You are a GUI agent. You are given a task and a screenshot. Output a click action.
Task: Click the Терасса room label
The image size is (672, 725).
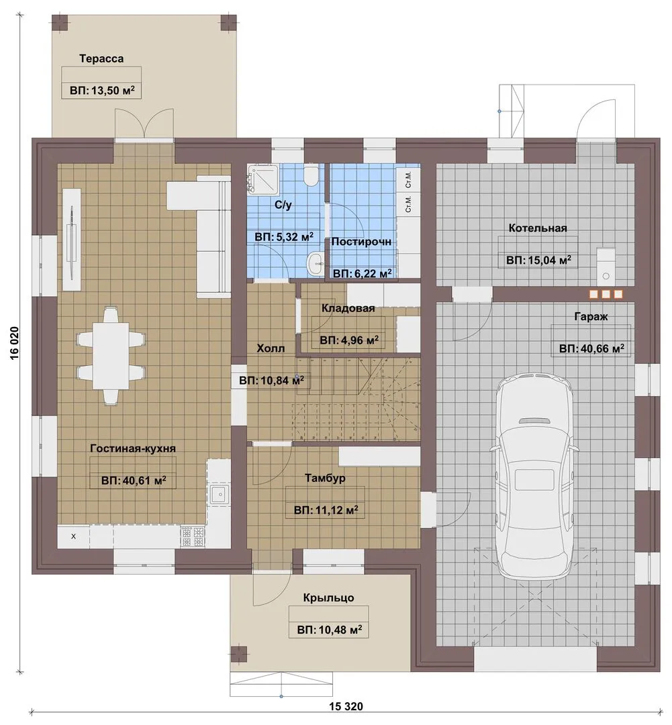(101, 58)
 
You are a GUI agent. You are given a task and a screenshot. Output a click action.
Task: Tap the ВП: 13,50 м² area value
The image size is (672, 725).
(102, 90)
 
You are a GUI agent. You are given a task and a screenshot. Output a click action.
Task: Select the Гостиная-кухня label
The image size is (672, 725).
(133, 448)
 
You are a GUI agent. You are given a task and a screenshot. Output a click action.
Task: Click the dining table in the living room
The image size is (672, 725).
(111, 356)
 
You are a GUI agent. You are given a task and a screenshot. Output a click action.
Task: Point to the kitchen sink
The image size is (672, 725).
(218, 494)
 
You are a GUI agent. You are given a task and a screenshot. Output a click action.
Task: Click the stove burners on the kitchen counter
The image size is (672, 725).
(193, 537)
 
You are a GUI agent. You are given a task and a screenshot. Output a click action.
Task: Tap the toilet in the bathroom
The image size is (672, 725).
(311, 176)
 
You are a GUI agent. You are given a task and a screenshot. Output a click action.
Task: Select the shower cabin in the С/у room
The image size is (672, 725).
(263, 179)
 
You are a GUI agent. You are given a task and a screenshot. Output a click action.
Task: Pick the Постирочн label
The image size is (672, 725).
(361, 242)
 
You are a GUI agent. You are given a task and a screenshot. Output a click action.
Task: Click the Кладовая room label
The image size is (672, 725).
(348, 308)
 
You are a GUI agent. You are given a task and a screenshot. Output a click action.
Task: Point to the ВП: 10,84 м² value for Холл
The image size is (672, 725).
(271, 381)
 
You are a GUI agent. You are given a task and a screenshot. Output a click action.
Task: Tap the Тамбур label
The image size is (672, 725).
(325, 478)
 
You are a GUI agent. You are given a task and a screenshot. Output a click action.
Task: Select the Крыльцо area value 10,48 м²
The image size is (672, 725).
(330, 630)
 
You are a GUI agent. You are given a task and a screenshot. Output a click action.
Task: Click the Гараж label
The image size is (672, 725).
(591, 317)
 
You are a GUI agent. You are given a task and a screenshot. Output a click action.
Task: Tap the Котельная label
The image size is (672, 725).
(538, 228)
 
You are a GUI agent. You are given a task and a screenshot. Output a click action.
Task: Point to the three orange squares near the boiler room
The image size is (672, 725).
(606, 294)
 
